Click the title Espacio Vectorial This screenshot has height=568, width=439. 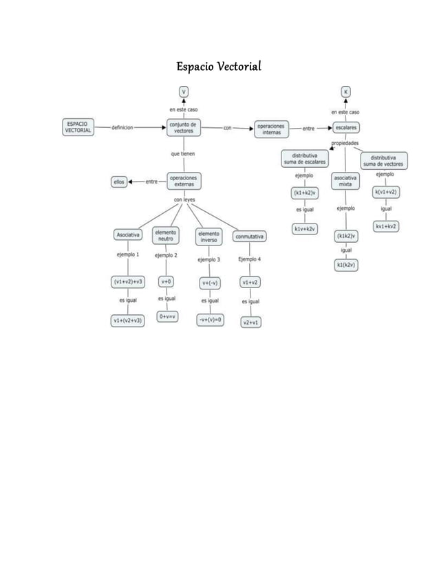(x=219, y=67)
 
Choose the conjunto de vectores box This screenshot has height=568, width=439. (x=183, y=127)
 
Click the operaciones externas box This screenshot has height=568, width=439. (x=183, y=181)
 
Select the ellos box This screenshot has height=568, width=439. (x=119, y=182)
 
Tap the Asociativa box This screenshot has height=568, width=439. (x=128, y=235)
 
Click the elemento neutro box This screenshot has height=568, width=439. (x=166, y=235)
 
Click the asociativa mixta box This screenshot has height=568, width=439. (x=345, y=181)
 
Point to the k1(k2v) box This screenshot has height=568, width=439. (x=345, y=265)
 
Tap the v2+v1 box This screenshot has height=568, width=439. (x=250, y=322)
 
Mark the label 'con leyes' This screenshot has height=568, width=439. (x=184, y=200)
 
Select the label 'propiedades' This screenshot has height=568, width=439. (x=345, y=143)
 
